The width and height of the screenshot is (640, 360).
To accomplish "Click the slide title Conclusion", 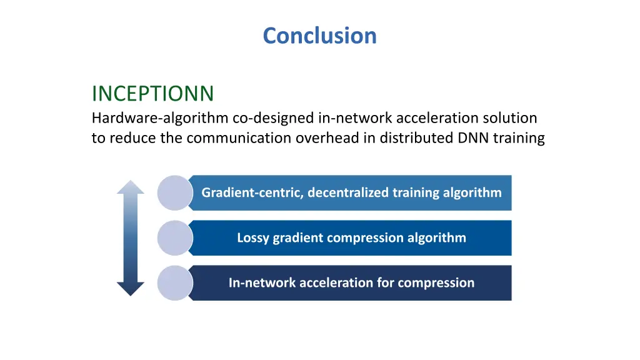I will [x=319, y=36].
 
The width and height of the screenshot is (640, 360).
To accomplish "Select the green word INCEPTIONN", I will [x=152, y=94].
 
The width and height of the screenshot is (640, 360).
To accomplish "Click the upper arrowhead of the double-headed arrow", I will [x=131, y=187].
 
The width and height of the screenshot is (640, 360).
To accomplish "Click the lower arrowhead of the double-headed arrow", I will [x=131, y=288].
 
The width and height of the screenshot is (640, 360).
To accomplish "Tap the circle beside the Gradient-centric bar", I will [x=174, y=192].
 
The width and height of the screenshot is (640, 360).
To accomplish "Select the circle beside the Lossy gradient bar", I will [x=174, y=237].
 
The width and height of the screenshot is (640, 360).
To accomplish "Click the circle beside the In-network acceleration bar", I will [x=174, y=282].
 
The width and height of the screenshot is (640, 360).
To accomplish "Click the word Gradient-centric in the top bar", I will [x=252, y=192].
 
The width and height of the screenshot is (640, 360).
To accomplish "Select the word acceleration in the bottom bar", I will [x=336, y=282].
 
